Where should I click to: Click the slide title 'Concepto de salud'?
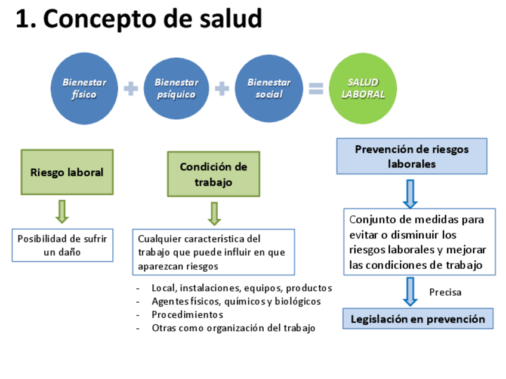coord(138,20)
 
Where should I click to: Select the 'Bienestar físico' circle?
coord(84,89)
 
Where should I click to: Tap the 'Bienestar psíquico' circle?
coord(177,89)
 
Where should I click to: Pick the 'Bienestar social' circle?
coord(269,89)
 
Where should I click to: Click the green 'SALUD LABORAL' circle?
coord(363,89)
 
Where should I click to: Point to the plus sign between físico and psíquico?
coord(131,89)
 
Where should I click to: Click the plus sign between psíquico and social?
coord(222,89)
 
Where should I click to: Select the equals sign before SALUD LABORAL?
coord(316,89)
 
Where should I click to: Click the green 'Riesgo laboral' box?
coord(67,172)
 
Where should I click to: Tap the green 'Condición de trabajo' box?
coord(214,174)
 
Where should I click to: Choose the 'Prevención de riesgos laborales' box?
coord(412,156)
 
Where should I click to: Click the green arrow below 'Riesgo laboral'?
coord(62,211)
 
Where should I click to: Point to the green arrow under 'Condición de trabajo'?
coord(215,213)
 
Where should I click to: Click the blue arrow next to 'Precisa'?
coord(410,291)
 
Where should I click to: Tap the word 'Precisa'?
coord(445,292)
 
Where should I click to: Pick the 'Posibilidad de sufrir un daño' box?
coord(62,245)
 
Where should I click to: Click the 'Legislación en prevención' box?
coord(418,319)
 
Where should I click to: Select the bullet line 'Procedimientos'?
coord(187,315)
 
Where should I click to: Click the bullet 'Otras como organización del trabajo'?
coord(233,328)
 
